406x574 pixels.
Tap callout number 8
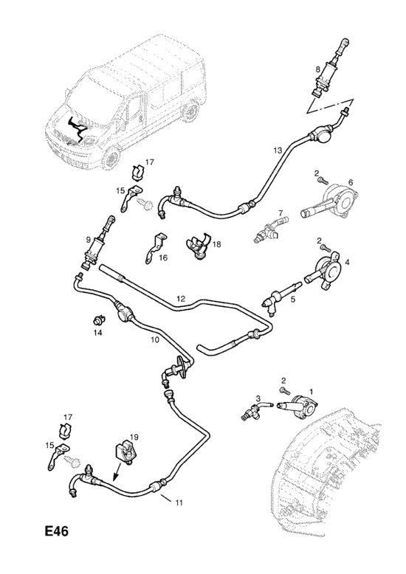pyautogui.click(x=317, y=69)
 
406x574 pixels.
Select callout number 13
pyautogui.click(x=278, y=150)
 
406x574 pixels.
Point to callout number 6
pyautogui.click(x=351, y=182)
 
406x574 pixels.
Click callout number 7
pyautogui.click(x=281, y=212)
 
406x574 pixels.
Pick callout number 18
pyautogui.click(x=216, y=243)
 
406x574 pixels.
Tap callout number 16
pyautogui.click(x=163, y=258)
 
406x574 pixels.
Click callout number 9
pyautogui.click(x=89, y=240)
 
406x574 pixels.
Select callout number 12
pyautogui.click(x=181, y=299)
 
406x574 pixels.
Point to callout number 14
pyautogui.click(x=97, y=333)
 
